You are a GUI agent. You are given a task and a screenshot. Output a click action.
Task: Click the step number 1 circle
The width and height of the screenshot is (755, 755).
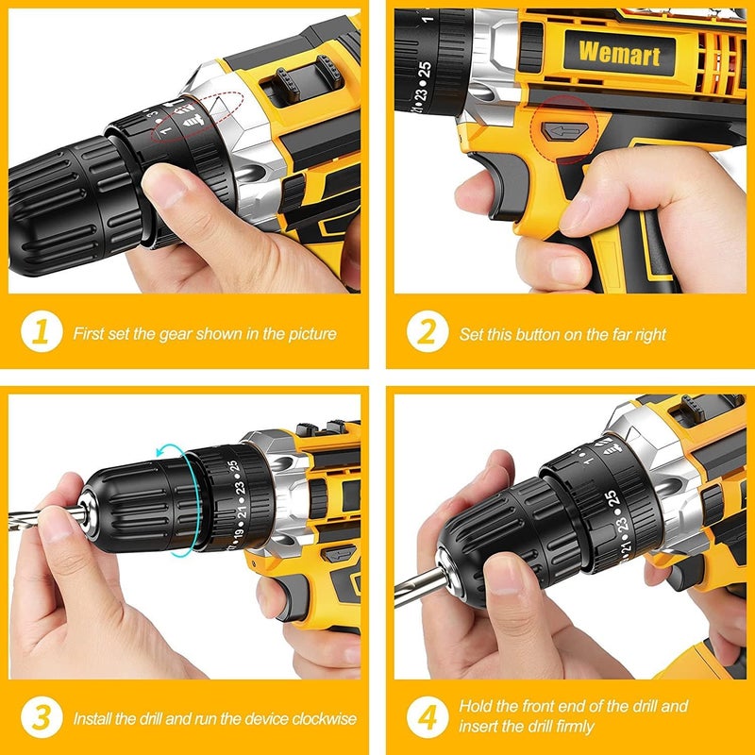click(x=40, y=333)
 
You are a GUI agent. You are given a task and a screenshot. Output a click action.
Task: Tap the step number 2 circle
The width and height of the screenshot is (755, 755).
click(x=426, y=333)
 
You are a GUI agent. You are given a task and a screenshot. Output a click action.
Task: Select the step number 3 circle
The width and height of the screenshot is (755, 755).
click(x=40, y=718)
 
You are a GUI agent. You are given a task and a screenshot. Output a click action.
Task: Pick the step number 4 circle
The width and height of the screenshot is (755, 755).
click(x=426, y=716)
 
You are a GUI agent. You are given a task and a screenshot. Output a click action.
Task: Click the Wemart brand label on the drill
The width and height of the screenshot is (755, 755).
click(x=618, y=53)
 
